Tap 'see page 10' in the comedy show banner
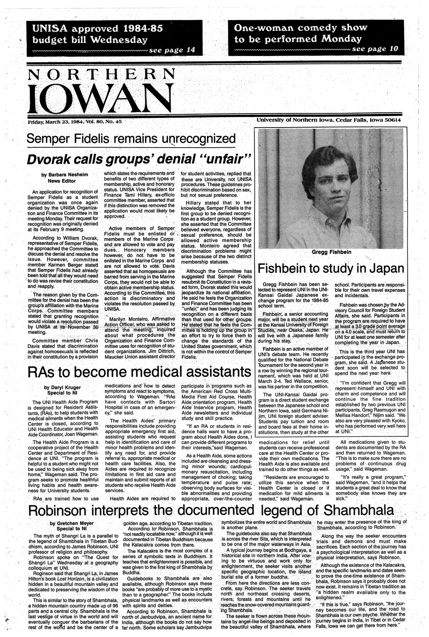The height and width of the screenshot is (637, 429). coord(375,49)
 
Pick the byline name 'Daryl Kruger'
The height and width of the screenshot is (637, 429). coord(62,387)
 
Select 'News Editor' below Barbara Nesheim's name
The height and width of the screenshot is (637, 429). coord(62,181)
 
